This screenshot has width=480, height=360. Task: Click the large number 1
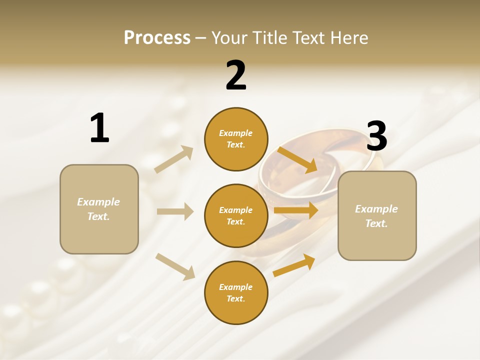point(99,128)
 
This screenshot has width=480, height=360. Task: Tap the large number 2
point(236,75)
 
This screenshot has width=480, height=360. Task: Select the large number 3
point(377,136)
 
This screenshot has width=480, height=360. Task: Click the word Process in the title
point(157,37)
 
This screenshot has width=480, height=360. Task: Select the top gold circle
point(236,139)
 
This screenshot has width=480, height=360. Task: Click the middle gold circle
point(236,215)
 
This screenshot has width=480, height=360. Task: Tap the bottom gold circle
point(236,292)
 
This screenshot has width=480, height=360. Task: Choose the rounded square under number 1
point(99,209)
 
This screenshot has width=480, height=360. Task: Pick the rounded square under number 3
point(377,215)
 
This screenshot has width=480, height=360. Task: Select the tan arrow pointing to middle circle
point(175,211)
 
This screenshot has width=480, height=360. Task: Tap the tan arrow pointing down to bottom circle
point(175,266)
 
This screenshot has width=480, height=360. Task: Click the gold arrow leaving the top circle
point(297,160)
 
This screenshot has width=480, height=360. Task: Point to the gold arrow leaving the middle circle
point(296,210)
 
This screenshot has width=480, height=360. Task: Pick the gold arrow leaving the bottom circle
point(294,265)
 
